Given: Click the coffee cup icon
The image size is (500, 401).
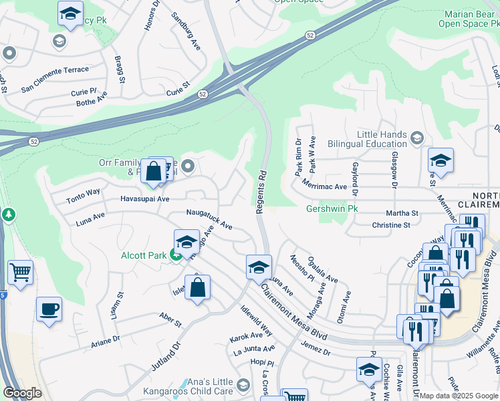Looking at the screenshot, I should pos(49,310).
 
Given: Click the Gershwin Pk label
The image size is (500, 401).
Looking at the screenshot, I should pos(333,209).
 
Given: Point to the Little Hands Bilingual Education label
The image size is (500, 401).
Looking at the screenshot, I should pos(382,139).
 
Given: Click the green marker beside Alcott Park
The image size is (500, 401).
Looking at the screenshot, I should pos(175,254).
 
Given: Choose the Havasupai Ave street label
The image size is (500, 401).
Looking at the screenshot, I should pos(145,198).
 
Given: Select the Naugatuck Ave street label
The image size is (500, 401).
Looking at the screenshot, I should pos(209,219).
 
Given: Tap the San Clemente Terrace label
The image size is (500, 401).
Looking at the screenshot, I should pos(55,70).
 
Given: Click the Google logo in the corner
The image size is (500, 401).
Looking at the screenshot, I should pos(22,393).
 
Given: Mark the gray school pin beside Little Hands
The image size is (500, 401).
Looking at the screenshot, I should pos(416,138).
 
